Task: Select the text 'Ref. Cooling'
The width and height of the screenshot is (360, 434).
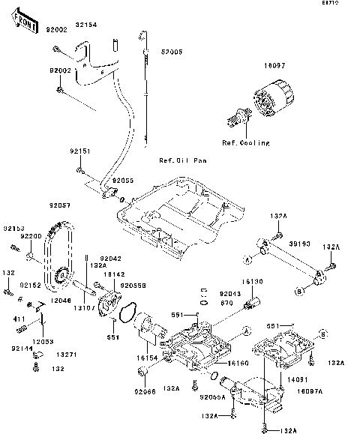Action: (239, 143)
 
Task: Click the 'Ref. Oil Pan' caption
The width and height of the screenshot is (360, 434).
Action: (182, 160)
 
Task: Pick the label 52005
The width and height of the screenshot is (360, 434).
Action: (171, 53)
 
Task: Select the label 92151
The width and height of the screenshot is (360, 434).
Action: (81, 151)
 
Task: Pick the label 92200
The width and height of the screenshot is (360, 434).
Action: (31, 236)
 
